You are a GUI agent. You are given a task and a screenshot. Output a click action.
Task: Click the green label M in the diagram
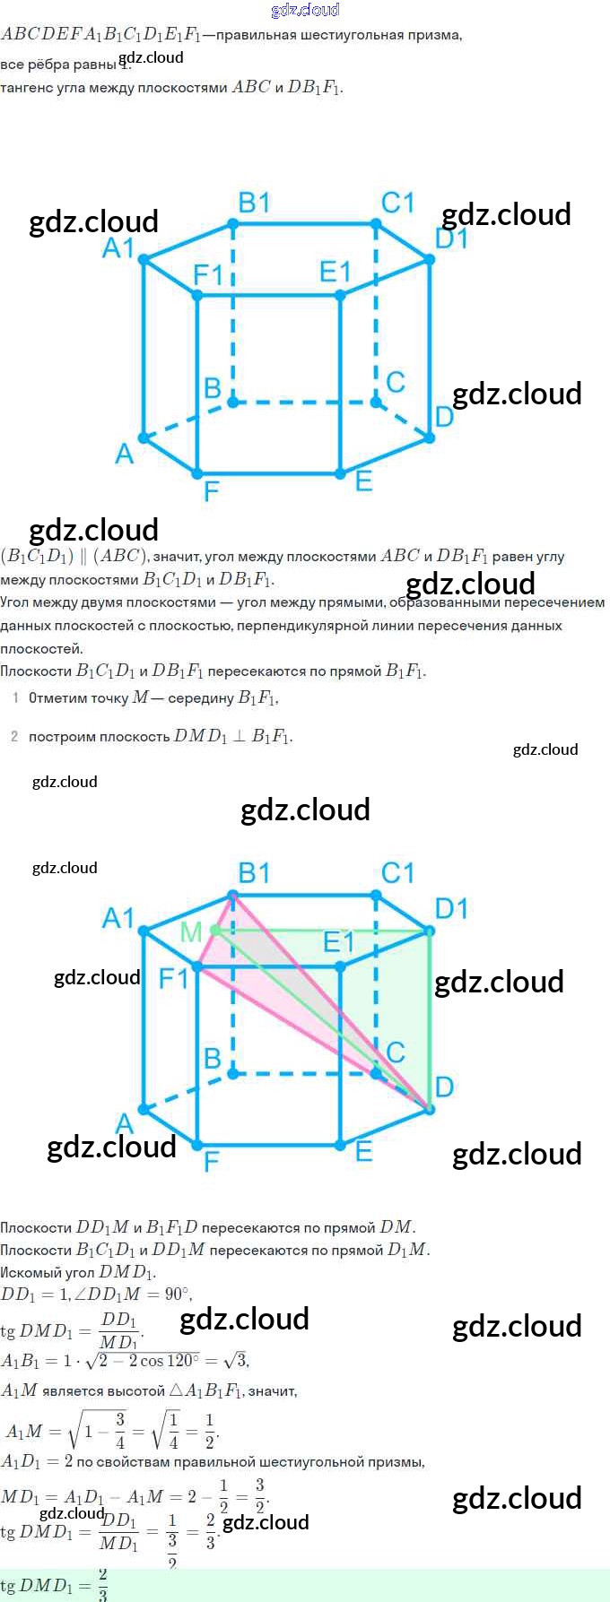coord(191,932)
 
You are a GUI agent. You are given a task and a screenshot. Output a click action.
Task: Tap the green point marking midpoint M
coord(215,931)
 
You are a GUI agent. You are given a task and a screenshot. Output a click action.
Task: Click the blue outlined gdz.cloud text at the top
coord(305,10)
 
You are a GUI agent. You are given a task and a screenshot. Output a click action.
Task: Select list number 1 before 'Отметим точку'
coord(15,697)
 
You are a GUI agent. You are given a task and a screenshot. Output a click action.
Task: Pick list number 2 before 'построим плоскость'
coord(14,737)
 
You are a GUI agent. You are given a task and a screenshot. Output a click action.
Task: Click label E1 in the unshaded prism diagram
coord(335,271)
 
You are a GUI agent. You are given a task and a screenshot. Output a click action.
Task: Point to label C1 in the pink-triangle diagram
coord(397,872)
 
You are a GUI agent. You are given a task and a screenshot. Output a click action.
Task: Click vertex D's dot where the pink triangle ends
coord(429,1109)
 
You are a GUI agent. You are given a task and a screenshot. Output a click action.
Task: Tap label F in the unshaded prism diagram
coord(212,490)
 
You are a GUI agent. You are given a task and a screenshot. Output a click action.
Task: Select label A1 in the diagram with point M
coord(118,918)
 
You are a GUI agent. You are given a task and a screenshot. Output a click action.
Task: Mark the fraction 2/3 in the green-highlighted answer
coord(103,1585)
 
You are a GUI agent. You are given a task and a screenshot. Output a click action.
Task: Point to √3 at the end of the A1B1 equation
coord(236,1360)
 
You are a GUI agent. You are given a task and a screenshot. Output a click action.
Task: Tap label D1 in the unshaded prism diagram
coord(451,238)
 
